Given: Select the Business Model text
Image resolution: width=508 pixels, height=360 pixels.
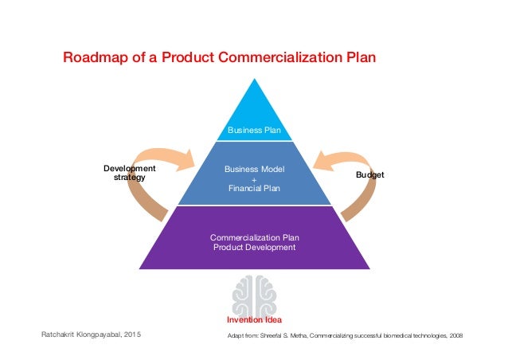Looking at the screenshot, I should [255, 170].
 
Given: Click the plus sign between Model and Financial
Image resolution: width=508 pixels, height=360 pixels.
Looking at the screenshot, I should [255, 179].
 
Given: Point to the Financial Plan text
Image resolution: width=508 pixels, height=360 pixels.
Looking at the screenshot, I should [255, 189].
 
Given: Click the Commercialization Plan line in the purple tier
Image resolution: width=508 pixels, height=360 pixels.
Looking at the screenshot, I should [255, 237].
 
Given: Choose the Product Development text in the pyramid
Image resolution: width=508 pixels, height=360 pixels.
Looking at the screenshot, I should [255, 247].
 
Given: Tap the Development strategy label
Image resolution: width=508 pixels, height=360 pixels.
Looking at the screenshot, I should [130, 173].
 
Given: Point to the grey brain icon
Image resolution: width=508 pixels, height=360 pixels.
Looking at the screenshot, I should [254, 294].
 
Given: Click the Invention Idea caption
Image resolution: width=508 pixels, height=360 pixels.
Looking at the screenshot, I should [255, 320].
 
